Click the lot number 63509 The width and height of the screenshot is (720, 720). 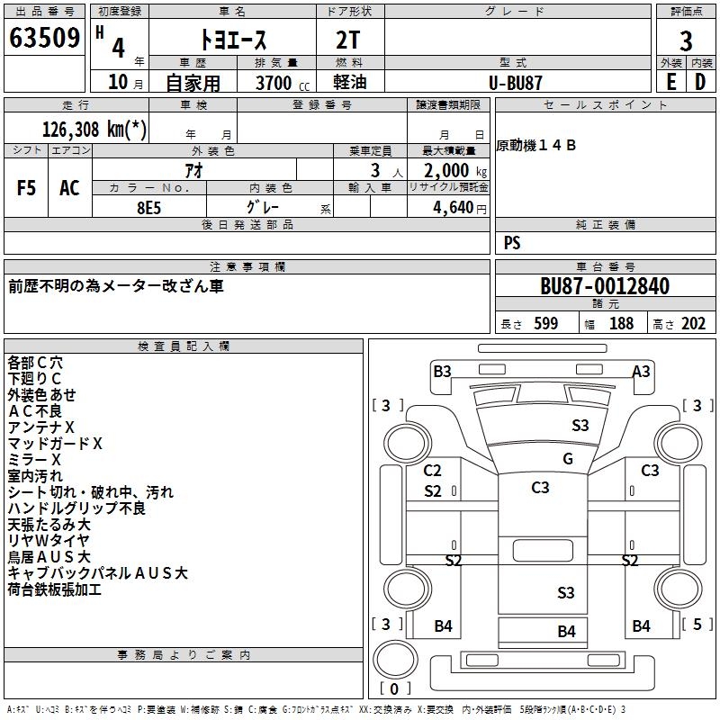(44, 40)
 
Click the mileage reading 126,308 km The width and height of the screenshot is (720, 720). (94, 130)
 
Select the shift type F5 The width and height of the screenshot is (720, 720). (27, 188)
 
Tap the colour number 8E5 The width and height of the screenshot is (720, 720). (148, 206)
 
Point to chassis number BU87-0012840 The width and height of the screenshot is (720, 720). (605, 287)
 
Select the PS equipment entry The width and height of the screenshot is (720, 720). (512, 242)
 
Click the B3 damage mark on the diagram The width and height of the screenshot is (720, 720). (442, 371)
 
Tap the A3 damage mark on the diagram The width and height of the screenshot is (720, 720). (641, 371)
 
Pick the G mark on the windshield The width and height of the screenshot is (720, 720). (568, 459)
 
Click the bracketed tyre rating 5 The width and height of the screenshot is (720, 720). (697, 624)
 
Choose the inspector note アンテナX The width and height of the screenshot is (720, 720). (41, 427)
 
